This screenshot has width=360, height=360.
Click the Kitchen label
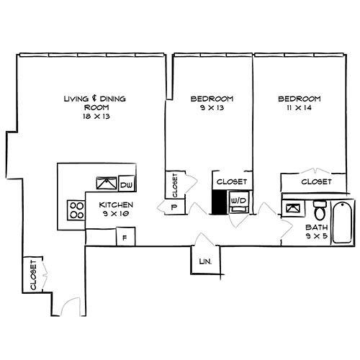pos(116,205)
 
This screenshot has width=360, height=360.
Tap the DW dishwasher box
pos(126,186)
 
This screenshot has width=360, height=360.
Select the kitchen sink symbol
pos(105,184)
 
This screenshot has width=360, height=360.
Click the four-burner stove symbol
pos(76,210)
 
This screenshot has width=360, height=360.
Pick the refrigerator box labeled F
pos(125,236)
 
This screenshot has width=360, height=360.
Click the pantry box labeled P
pos(174,207)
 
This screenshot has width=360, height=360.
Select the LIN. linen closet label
pos(204,261)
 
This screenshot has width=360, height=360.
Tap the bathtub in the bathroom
pos(341,220)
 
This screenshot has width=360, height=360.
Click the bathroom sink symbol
pos(294,209)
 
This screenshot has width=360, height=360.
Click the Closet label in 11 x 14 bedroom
pos(316,182)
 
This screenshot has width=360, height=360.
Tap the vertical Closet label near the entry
pos(33,275)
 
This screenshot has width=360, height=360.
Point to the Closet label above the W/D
pos(232,182)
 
